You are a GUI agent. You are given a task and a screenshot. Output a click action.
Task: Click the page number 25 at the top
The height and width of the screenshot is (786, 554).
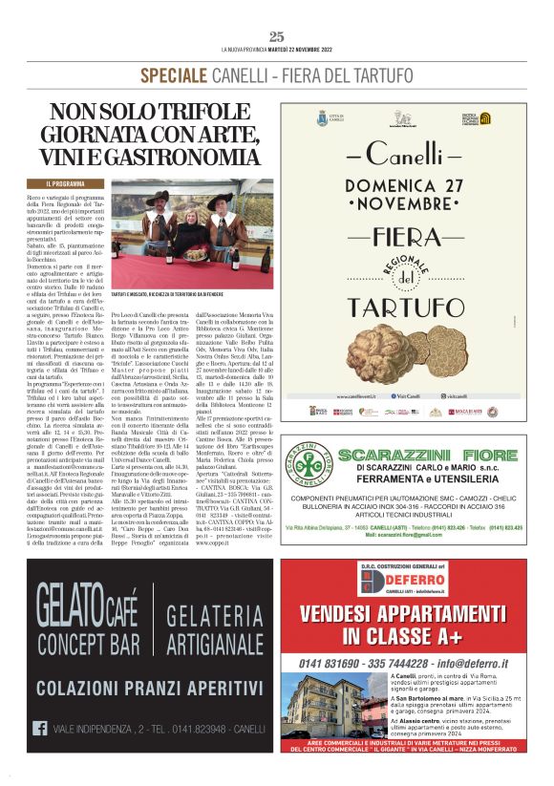click(x=277, y=36)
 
